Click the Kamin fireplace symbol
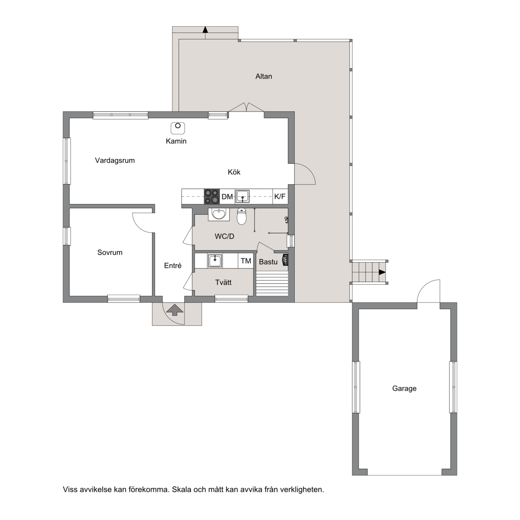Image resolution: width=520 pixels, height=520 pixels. (178, 128)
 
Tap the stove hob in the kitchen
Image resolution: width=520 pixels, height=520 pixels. (212, 196)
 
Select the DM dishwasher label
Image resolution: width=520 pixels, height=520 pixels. (227, 197)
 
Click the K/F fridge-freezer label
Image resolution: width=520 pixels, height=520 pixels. (280, 196)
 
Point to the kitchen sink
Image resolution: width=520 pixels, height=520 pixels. (242, 196)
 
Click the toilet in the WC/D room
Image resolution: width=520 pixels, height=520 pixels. (242, 216)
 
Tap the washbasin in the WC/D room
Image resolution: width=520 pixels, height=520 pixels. (219, 214)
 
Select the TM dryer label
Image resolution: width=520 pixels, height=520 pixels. (246, 261)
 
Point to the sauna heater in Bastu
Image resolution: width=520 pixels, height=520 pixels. (285, 260)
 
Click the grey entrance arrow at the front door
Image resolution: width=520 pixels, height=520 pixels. (175, 311)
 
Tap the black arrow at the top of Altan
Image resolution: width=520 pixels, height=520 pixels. (205, 30)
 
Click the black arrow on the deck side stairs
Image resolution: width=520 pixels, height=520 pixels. (382, 272)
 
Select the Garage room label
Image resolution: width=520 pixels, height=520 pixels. (404, 389)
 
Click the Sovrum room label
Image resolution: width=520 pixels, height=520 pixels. (110, 252)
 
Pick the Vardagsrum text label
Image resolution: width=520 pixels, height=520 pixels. (115, 161)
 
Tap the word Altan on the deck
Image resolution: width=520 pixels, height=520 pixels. (264, 76)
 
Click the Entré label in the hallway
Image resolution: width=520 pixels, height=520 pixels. (173, 265)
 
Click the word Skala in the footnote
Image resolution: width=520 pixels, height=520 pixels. (182, 489)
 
